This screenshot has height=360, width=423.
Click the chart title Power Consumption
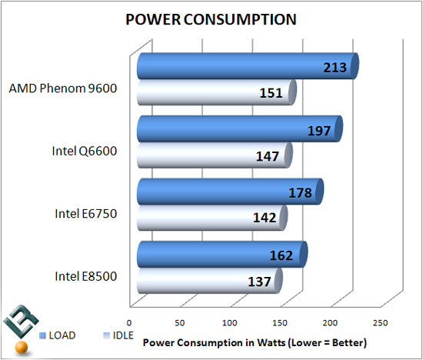[x=211, y=20]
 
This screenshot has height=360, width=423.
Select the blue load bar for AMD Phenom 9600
[x=231, y=67]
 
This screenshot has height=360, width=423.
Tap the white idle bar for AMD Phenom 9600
[x=208, y=94]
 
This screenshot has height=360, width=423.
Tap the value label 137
[x=261, y=282]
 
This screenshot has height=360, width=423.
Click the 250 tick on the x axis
[x=379, y=323]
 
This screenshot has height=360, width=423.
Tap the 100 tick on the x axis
[x=229, y=323]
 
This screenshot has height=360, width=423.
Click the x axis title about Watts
[x=253, y=342]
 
